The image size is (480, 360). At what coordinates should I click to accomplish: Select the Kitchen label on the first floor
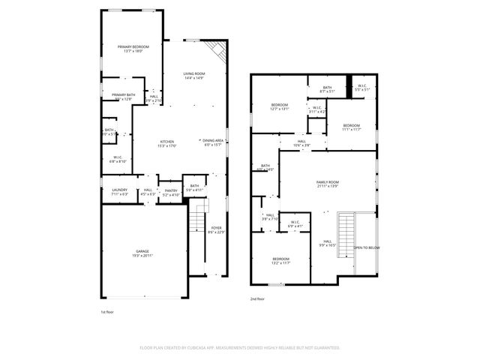pos(166,143)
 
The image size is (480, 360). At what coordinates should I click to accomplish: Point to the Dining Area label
pos(213,142)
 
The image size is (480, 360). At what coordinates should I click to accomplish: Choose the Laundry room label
pos(119,191)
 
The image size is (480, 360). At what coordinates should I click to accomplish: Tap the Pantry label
pos(171,192)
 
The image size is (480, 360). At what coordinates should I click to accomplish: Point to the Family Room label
pos(327,183)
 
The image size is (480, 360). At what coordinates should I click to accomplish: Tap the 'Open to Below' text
pos(367,247)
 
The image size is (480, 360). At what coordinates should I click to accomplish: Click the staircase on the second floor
pos(346,234)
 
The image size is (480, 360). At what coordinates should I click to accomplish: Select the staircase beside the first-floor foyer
pos(197,221)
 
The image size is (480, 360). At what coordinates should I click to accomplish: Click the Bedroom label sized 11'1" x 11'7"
pos(351,127)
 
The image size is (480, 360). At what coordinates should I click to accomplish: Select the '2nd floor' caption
pos(259,298)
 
